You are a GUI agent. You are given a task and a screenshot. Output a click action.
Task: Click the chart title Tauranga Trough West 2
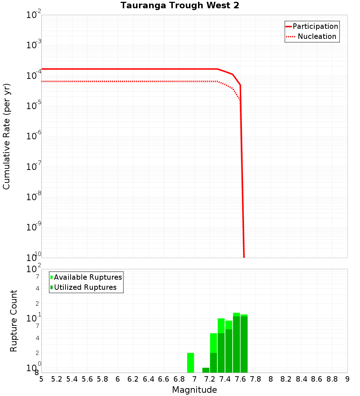point(180,5)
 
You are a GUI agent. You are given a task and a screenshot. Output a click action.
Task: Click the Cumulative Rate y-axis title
point(6,136)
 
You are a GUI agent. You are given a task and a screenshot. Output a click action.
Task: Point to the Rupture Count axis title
point(14,321)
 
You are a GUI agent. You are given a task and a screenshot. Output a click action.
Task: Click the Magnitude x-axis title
point(194,390)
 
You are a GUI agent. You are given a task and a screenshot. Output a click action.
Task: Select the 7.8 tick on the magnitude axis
point(256,379)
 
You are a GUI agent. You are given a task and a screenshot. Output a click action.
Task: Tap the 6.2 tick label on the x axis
point(133,379)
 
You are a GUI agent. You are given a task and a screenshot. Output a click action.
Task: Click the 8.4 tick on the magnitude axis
point(302,379)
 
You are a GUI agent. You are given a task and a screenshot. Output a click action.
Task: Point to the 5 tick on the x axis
point(41,379)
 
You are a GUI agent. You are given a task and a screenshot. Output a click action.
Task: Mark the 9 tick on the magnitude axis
point(347,379)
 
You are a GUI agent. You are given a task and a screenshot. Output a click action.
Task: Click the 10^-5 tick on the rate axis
point(34,106)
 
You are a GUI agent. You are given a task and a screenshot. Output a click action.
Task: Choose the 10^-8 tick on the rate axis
point(34,197)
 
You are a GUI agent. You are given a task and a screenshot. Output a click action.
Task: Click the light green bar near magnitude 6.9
point(190,363)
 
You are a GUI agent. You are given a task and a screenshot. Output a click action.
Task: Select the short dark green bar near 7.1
point(206,370)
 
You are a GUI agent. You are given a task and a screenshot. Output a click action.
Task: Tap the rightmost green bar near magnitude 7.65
point(244,344)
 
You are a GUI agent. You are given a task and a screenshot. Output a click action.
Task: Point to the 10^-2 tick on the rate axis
point(34,15)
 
